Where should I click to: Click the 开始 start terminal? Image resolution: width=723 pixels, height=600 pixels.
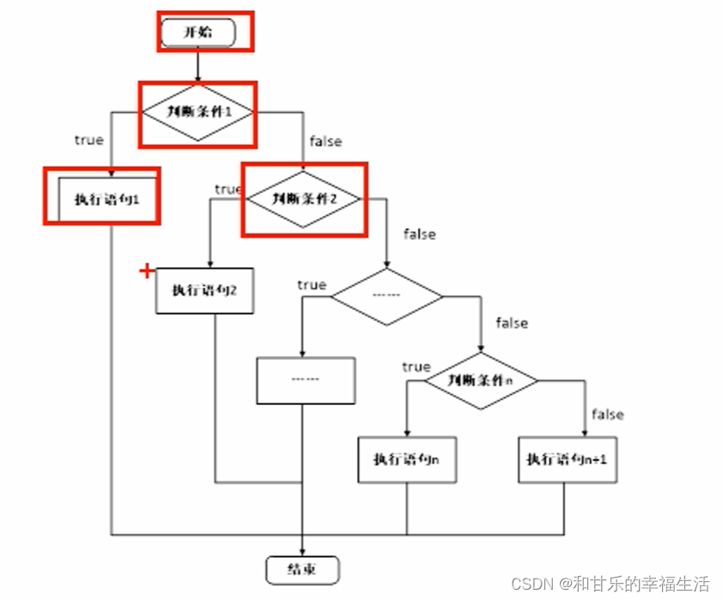click(x=197, y=33)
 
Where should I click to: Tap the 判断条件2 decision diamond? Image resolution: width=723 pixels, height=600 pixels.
click(x=303, y=197)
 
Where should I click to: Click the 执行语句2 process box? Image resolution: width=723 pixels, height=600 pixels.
click(x=204, y=290)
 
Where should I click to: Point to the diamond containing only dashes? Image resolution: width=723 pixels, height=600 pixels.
click(x=387, y=295)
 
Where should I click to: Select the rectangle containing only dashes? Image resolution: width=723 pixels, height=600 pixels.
click(x=305, y=379)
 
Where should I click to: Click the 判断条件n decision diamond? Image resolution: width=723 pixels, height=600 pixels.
click(x=482, y=379)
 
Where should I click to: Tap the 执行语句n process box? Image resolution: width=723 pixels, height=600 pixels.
click(x=406, y=459)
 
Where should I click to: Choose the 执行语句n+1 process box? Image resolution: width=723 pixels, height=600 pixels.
click(x=568, y=459)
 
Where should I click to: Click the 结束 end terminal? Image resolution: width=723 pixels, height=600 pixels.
click(x=301, y=568)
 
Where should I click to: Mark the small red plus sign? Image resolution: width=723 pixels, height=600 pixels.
click(x=147, y=272)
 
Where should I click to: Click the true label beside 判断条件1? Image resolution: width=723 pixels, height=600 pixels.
click(x=88, y=140)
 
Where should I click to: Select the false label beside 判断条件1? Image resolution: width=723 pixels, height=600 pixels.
click(x=325, y=142)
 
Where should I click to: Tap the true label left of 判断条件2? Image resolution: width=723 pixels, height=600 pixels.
click(x=228, y=189)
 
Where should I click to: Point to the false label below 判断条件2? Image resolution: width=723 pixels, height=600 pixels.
click(x=419, y=233)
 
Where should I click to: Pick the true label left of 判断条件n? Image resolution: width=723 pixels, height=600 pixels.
click(x=416, y=367)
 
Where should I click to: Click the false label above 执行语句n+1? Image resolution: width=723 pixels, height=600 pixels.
click(x=607, y=415)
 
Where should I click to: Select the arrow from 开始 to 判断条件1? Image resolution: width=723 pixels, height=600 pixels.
click(x=197, y=65)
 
